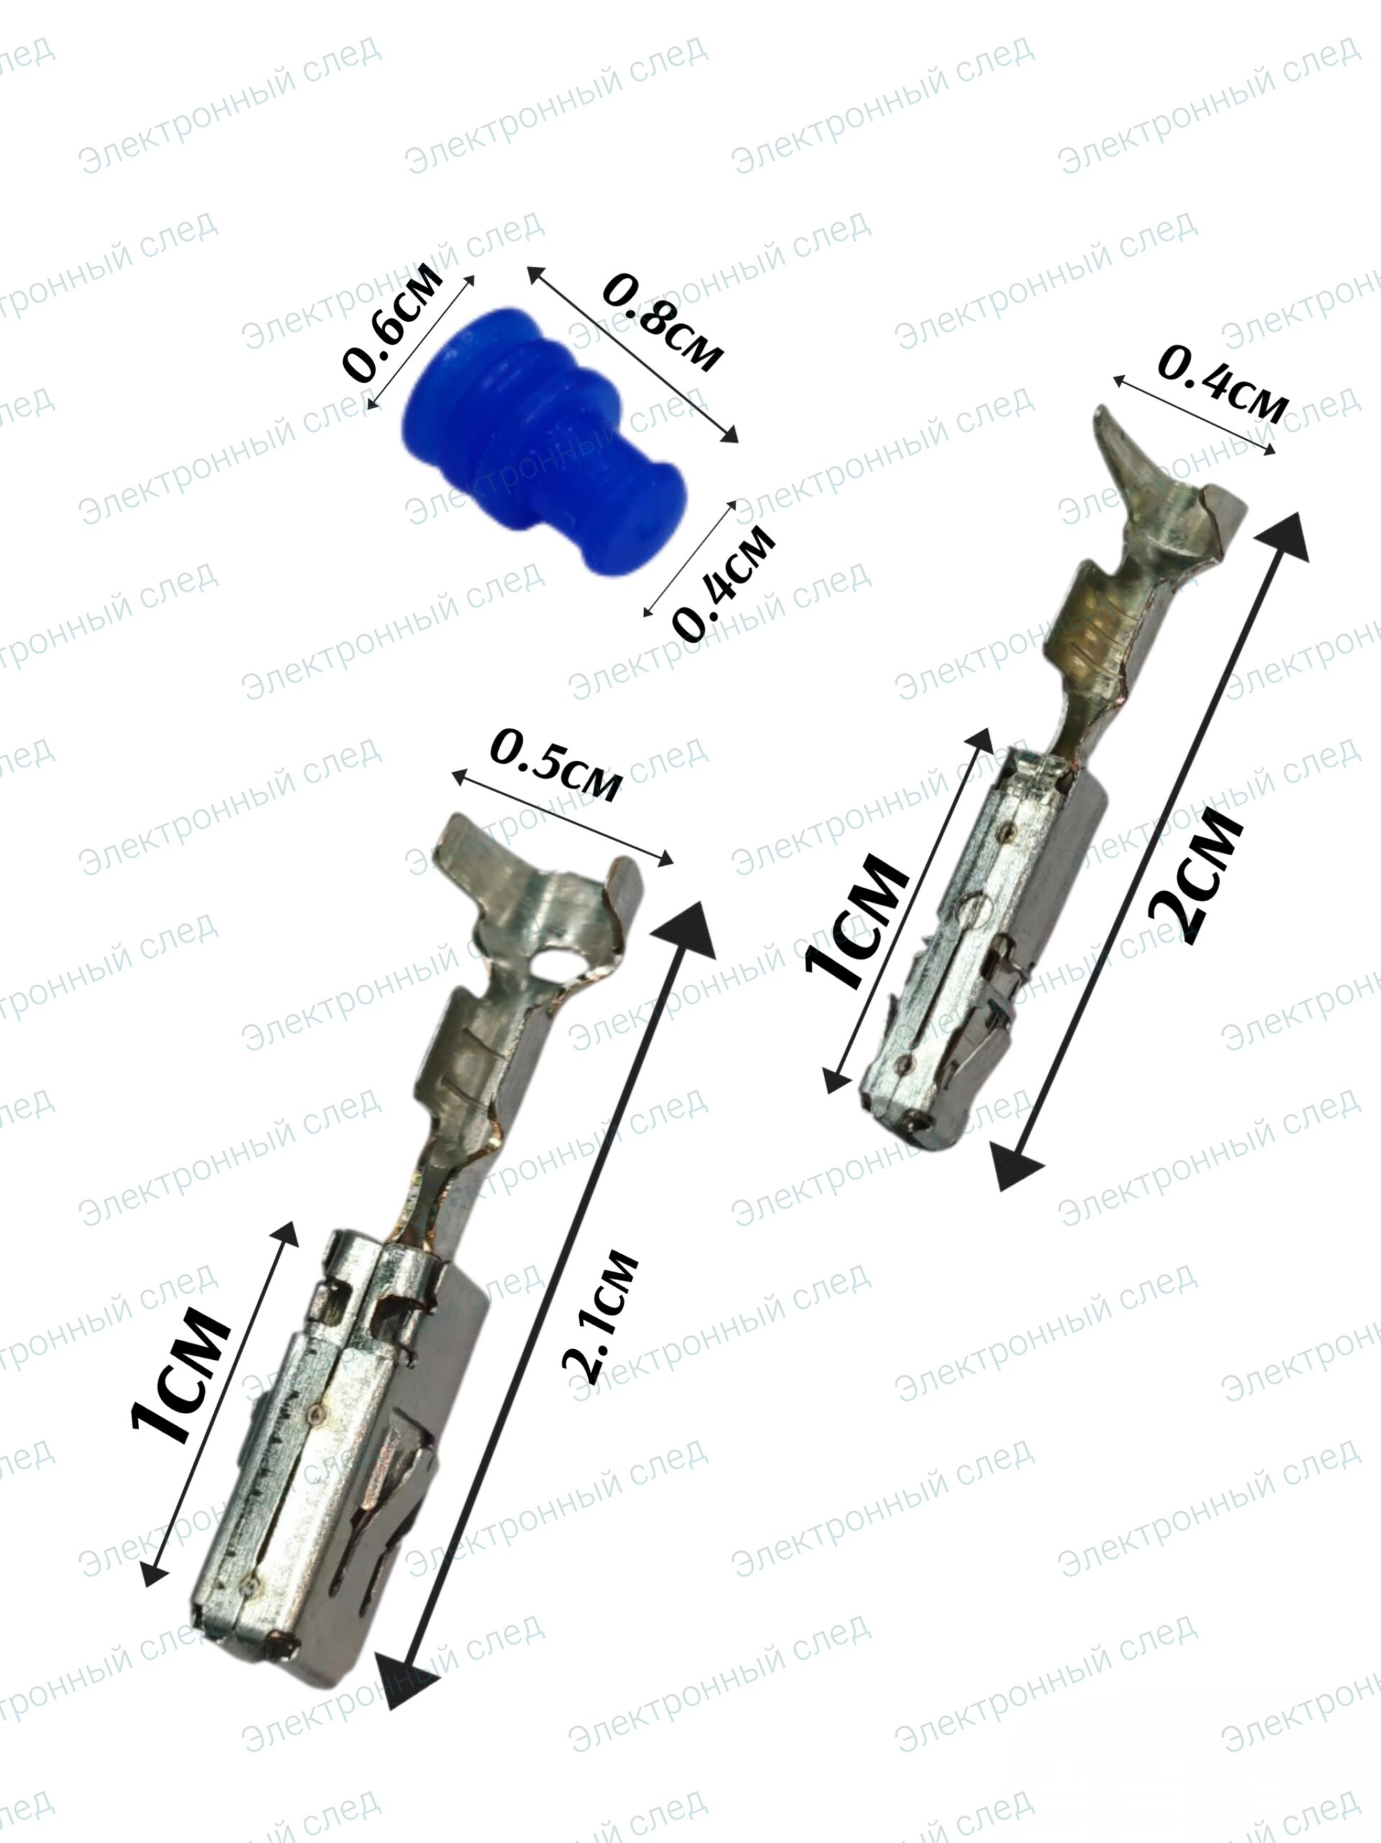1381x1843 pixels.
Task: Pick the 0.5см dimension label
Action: click(556, 764)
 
